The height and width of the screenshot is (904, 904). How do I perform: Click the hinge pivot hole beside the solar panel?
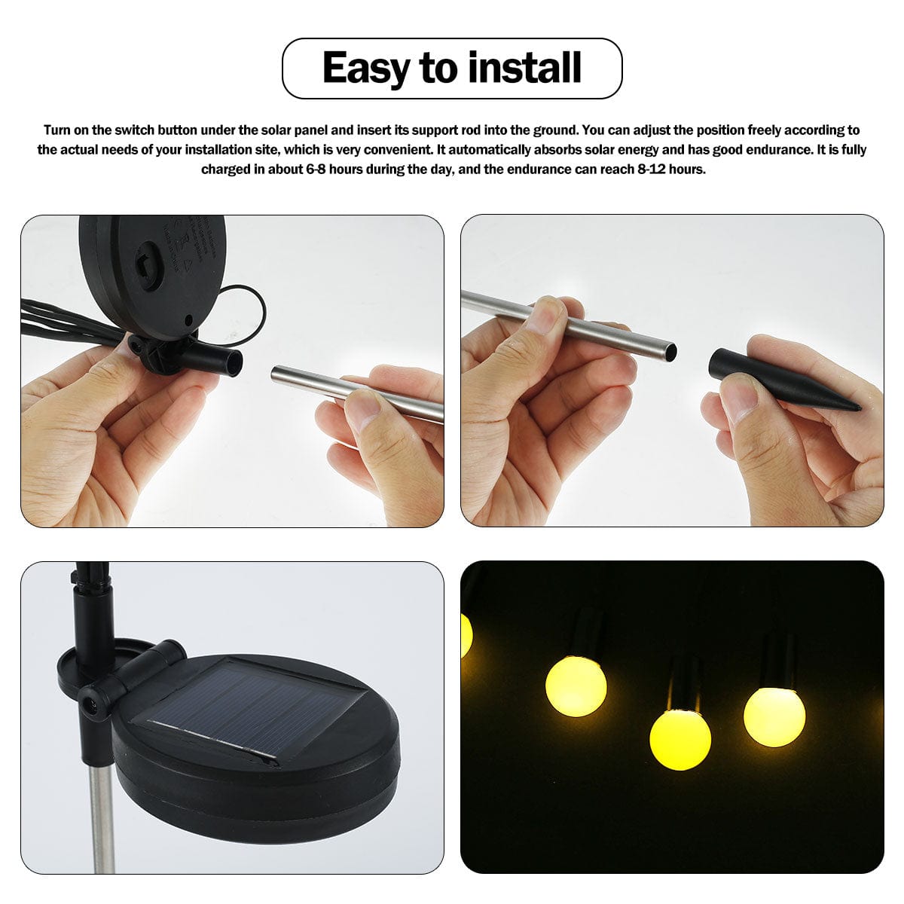point(91,704)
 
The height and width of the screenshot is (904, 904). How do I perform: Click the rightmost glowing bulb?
point(774,715)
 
